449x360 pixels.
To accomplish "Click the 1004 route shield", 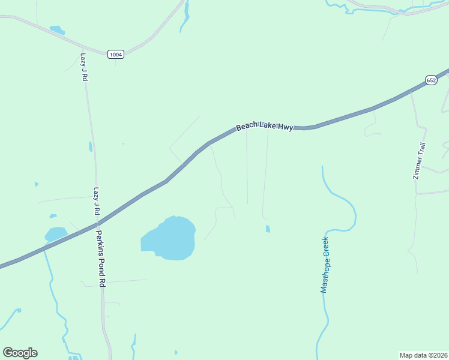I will coord(116,55).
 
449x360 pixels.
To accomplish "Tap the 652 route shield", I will coord(431,80).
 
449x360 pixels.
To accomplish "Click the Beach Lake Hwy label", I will coord(264,126).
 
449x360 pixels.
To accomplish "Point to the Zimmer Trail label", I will coord(420,160).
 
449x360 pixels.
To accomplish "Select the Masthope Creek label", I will coord(325,265).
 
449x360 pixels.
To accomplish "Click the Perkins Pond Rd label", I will coord(101,259).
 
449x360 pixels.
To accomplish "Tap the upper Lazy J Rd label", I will coord(84,67).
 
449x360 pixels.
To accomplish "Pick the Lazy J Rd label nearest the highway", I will coord(95,201).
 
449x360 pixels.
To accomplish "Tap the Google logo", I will coord(20,353).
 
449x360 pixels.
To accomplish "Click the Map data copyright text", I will coord(423,355).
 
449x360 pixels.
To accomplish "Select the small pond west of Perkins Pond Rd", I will coord(56,233).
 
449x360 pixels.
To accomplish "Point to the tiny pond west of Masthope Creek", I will coord(267,229).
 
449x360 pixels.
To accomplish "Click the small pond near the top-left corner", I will coord(57,29).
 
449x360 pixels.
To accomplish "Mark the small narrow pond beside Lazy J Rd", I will coord(91,146).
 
